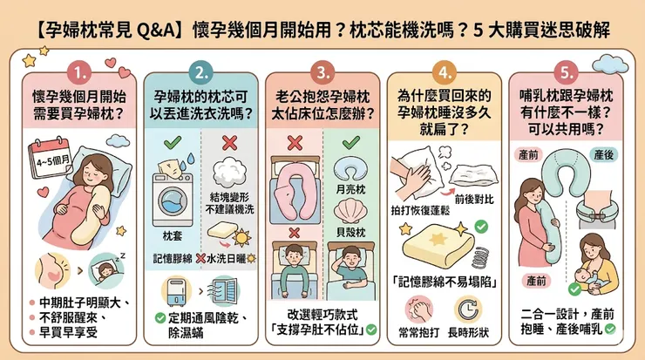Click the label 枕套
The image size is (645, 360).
162,235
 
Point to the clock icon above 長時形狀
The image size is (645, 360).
471,309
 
